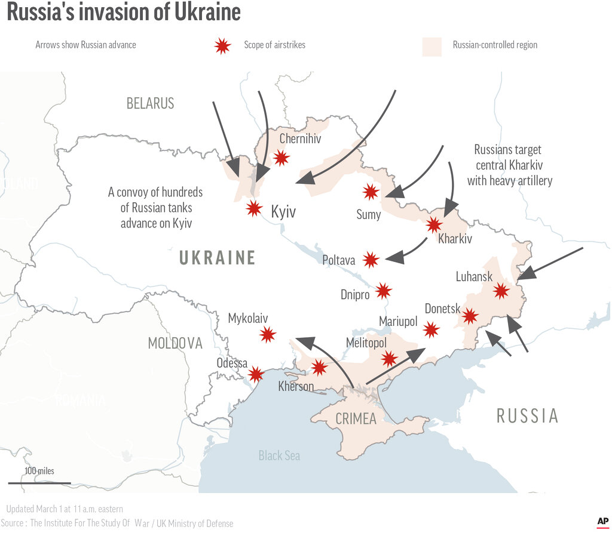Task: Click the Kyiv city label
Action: coord(283,212)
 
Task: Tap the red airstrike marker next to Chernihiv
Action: coord(281,158)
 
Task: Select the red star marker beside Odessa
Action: coord(256,374)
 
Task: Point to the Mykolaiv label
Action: coord(248,318)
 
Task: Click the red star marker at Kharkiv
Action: coord(434,224)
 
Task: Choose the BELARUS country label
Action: coord(150,103)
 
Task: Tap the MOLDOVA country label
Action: coord(175,343)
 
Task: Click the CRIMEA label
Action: coord(356,418)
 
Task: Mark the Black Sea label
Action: coord(279,455)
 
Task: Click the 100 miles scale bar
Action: coord(39,482)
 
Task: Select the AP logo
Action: coord(602,522)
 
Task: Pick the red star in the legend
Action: coord(222,45)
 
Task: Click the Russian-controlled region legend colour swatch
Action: coord(432,46)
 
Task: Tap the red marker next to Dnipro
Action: coord(383,291)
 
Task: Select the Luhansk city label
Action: coord(474,276)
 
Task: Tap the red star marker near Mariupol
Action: coord(430,329)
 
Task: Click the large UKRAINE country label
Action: coord(218,258)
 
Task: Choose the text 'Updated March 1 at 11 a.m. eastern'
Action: coord(65,509)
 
